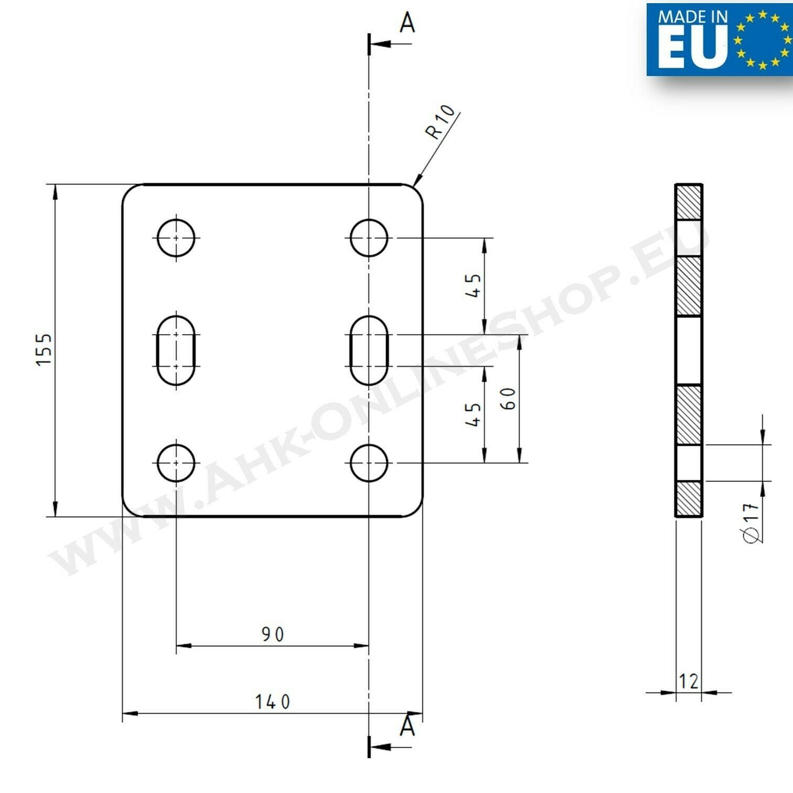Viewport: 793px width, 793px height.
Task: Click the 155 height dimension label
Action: coord(45,349)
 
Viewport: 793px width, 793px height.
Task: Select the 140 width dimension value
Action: coord(273,702)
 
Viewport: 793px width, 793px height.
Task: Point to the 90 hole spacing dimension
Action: coord(273,635)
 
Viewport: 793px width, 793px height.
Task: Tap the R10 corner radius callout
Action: coord(441,122)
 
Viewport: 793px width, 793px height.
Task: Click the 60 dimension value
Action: coord(508,399)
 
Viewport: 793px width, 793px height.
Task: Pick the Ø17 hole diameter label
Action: coord(752,522)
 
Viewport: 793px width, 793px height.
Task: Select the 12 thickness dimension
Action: coord(689,681)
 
